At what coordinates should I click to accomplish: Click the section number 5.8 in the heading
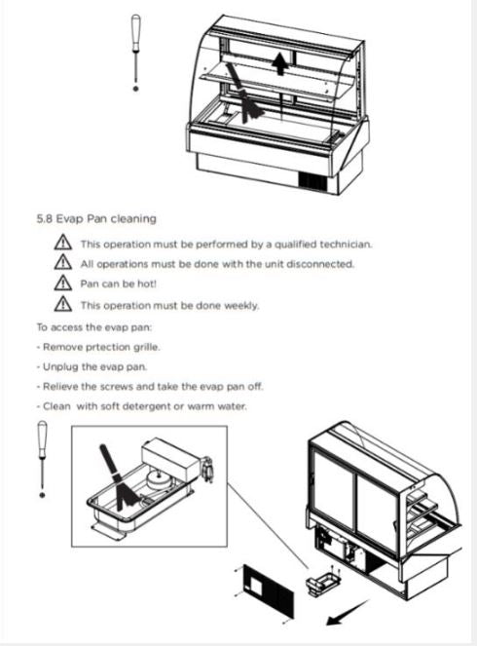[45, 219]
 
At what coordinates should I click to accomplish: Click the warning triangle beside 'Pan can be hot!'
[62, 283]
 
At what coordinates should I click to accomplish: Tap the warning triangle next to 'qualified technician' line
[62, 243]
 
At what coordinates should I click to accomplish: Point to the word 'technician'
[346, 245]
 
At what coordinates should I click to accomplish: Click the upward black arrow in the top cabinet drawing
[280, 63]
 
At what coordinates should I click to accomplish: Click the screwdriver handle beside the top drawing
[135, 33]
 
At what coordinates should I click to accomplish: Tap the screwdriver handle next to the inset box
[42, 439]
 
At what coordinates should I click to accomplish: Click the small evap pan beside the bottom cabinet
[323, 583]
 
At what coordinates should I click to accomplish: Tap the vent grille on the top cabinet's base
[312, 181]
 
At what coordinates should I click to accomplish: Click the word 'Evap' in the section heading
[70, 219]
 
